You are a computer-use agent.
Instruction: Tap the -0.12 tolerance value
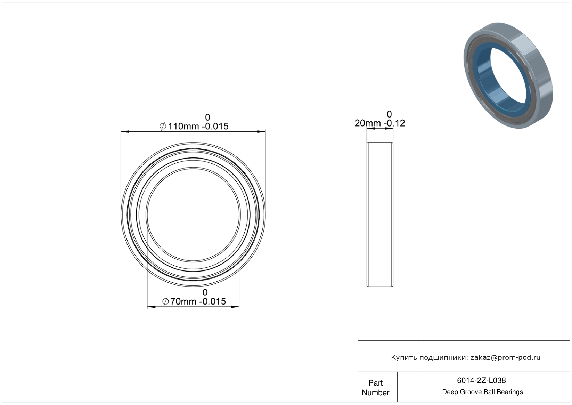point(394,123)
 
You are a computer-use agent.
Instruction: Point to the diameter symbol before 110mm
point(163,126)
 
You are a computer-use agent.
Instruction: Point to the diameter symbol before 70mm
point(165,301)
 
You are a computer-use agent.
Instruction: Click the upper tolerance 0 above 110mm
point(207,117)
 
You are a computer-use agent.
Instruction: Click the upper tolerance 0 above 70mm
point(205,292)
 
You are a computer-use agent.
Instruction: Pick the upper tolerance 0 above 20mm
point(389,114)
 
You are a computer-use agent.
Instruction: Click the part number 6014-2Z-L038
point(481,380)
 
